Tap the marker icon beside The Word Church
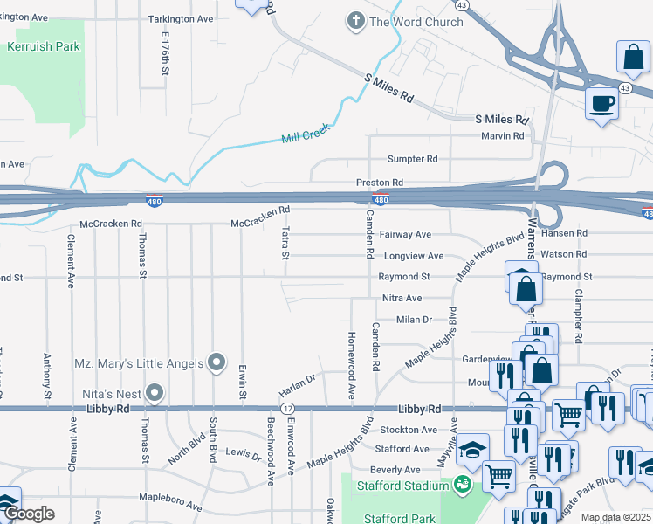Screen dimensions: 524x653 click(355, 21)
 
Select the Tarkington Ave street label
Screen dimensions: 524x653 click(181, 18)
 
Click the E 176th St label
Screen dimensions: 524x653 click(164, 52)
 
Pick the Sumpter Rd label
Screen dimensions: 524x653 click(413, 159)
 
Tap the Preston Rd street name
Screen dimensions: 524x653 click(379, 183)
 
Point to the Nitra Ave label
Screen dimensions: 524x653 click(402, 298)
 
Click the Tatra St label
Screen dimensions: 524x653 click(285, 244)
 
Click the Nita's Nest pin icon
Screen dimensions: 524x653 click(155, 392)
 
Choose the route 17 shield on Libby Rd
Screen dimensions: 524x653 click(288, 409)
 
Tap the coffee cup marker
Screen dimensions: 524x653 click(602, 104)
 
